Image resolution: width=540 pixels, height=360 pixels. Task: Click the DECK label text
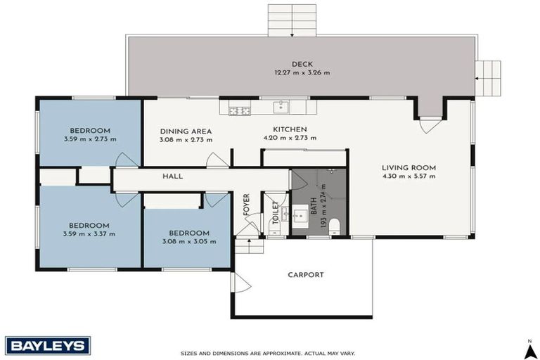(x=302, y=64)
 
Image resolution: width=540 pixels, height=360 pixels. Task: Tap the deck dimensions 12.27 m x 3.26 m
(x=302, y=72)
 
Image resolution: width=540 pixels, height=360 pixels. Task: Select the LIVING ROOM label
(x=409, y=167)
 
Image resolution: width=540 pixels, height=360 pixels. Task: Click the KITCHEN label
(x=290, y=129)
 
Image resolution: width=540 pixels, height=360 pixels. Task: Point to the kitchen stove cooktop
(x=240, y=110)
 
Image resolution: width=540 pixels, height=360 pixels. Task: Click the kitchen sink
(x=281, y=107)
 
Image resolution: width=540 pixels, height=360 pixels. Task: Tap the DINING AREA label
(x=186, y=131)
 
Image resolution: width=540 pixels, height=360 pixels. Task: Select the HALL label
(x=172, y=176)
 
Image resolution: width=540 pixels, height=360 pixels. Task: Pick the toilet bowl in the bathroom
(x=334, y=226)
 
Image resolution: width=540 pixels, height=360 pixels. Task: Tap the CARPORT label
(x=305, y=275)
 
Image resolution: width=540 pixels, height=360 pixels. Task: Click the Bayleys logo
(x=48, y=345)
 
